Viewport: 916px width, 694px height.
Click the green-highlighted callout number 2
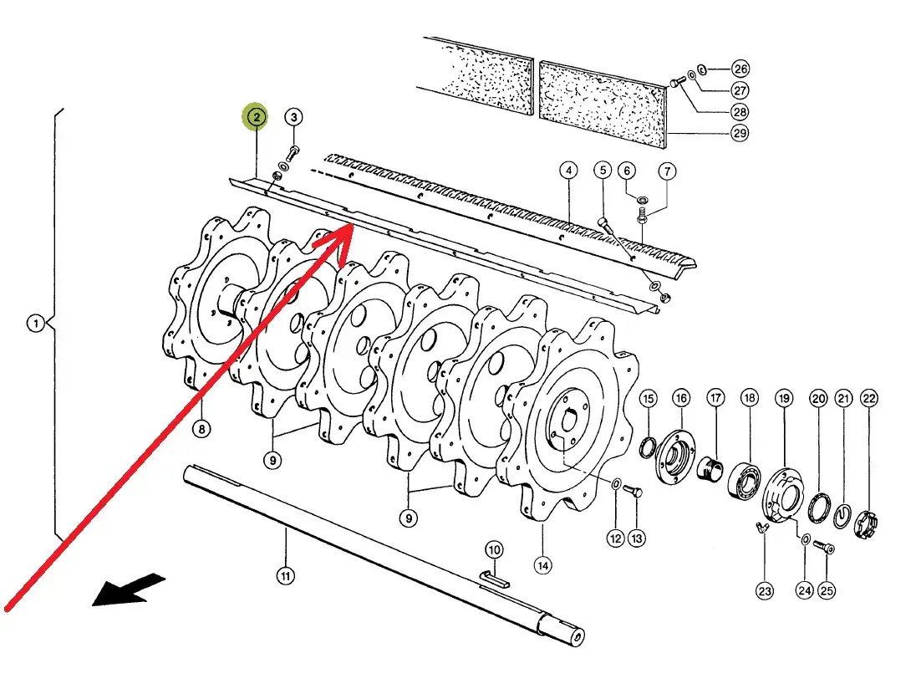[x=256, y=116]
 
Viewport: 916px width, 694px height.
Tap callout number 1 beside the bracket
[x=36, y=323]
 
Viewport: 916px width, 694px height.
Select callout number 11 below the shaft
[x=285, y=576]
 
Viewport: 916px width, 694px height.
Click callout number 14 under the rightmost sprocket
[x=542, y=565]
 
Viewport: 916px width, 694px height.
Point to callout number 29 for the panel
[x=740, y=133]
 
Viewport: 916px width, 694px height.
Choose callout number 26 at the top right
[x=740, y=69]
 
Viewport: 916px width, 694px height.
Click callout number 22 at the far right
[x=869, y=399]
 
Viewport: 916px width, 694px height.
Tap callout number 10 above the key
[x=494, y=549]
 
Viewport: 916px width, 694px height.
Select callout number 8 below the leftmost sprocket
[x=201, y=430]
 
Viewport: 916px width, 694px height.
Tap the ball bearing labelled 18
[x=744, y=479]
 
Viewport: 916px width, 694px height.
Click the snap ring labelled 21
[x=841, y=515]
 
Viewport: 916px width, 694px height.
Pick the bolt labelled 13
[x=633, y=492]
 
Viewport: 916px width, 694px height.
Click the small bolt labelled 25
[x=824, y=547]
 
